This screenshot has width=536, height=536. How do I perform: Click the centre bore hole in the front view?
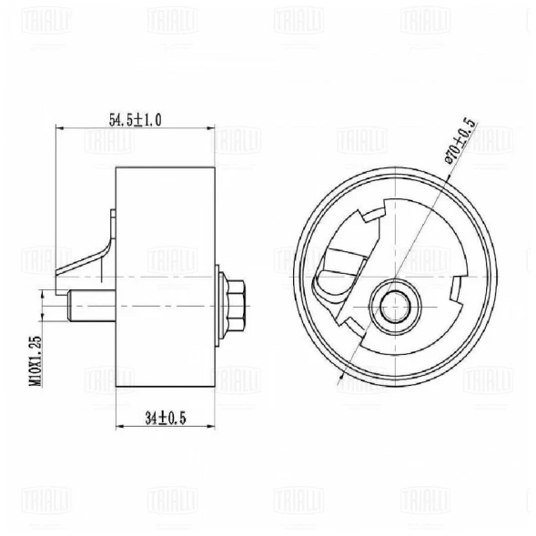pos(397,308)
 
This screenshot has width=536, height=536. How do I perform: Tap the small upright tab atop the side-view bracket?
pos(111,220)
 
